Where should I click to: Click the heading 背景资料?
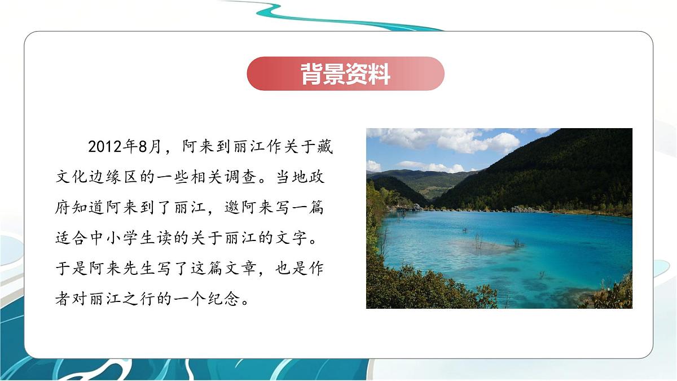tap(345, 74)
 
